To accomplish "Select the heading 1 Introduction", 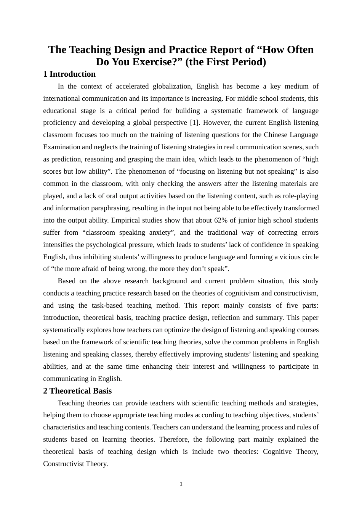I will [x=69, y=74].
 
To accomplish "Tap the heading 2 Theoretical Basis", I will [x=77, y=391].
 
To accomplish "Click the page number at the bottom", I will [x=181, y=484].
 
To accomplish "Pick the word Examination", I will [x=62, y=147].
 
